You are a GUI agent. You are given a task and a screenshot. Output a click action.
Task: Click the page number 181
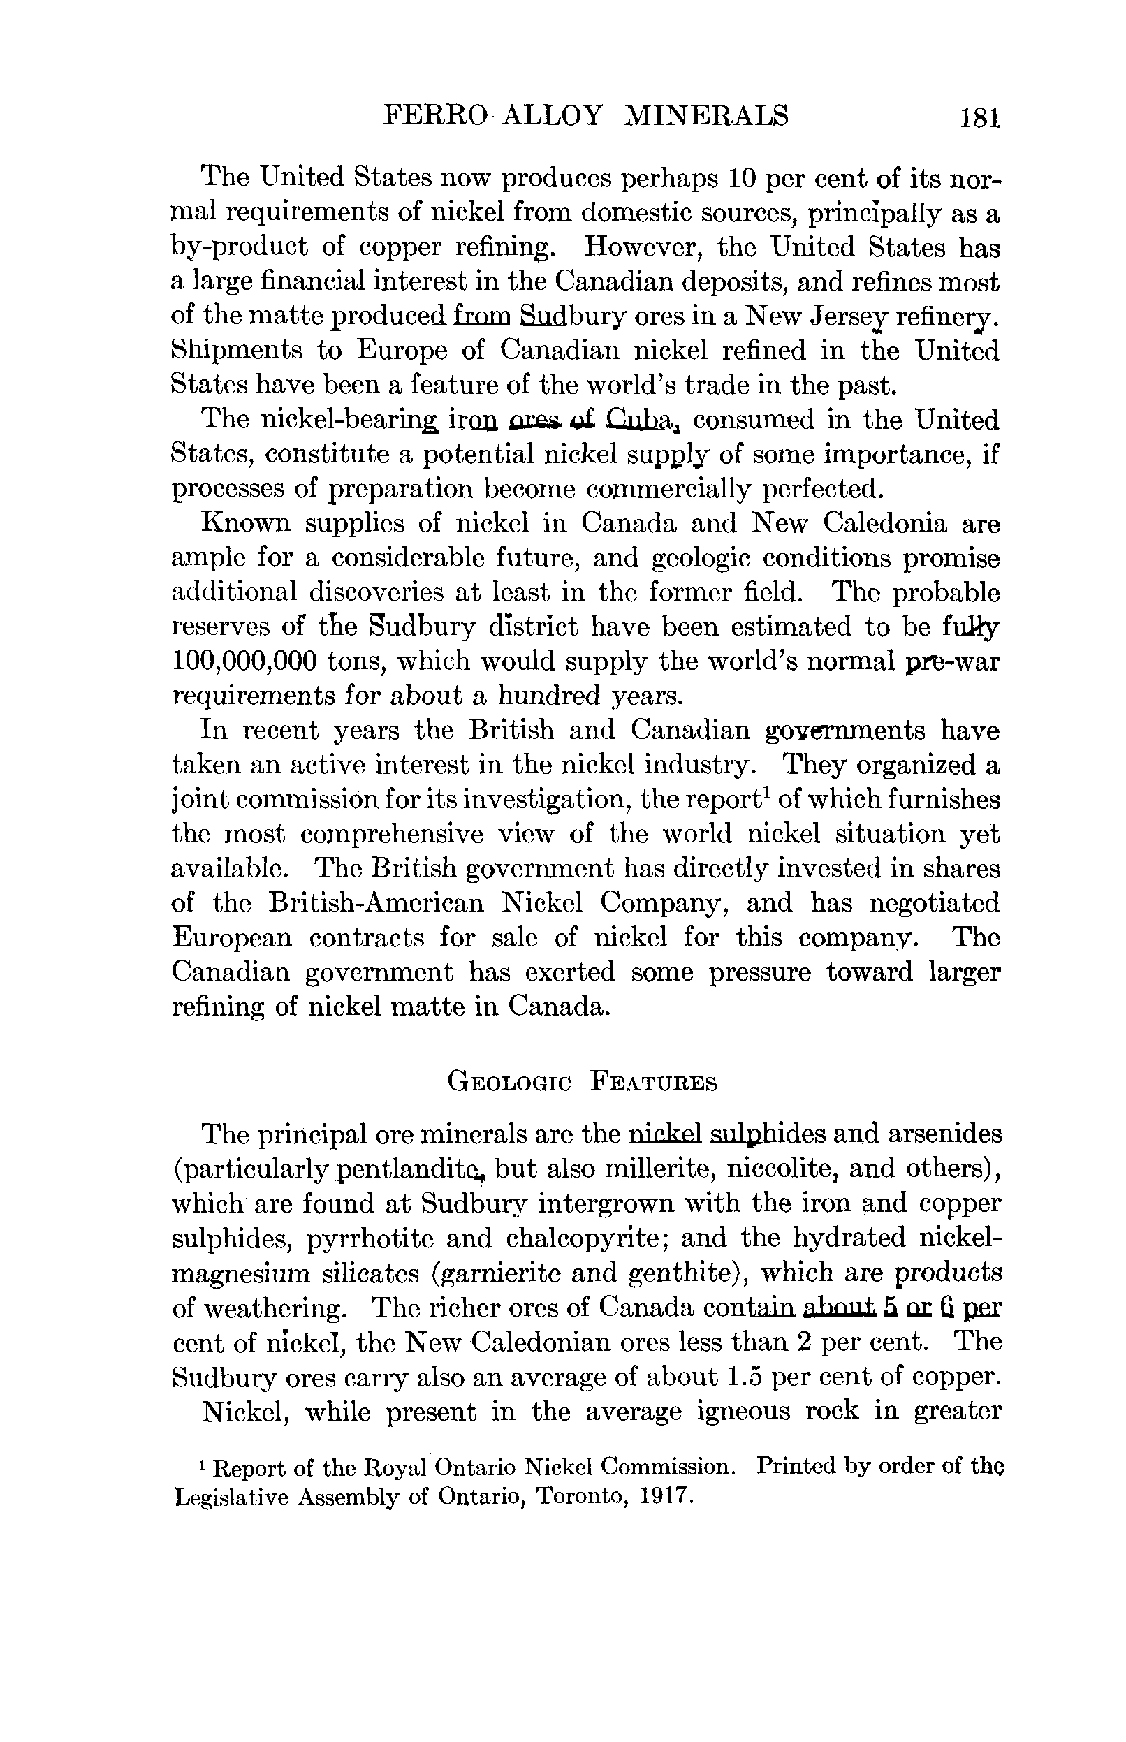pyautogui.click(x=980, y=117)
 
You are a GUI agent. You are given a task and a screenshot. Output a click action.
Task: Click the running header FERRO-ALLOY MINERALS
pyautogui.click(x=585, y=115)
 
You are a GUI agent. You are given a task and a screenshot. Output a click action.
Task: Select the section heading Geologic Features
pyautogui.click(x=582, y=1081)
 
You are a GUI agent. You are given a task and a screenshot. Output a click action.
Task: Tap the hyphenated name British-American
pyautogui.click(x=376, y=904)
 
